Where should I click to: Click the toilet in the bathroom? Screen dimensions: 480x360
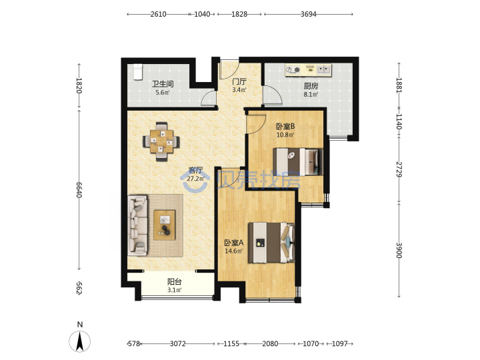pyautogui.click(x=138, y=72)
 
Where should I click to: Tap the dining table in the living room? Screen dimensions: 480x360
pyautogui.click(x=161, y=141)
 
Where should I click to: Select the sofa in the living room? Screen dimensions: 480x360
pyautogui.click(x=138, y=226)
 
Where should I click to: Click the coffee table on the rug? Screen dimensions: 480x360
pyautogui.click(x=165, y=225)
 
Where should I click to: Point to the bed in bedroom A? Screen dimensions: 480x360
pyautogui.click(x=271, y=243)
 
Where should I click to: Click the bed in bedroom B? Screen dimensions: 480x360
pyautogui.click(x=298, y=161)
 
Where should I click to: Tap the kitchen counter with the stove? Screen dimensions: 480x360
pyautogui.click(x=308, y=70)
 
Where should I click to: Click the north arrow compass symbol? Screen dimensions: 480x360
pyautogui.click(x=80, y=341)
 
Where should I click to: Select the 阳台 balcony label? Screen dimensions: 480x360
pyautogui.click(x=175, y=281)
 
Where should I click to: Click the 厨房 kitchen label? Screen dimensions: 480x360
pyautogui.click(x=311, y=86)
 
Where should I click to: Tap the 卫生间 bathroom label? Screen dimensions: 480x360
pyautogui.click(x=163, y=83)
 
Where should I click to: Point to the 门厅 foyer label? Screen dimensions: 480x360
pyautogui.click(x=239, y=81)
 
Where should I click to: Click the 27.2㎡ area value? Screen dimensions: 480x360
pyautogui.click(x=195, y=179)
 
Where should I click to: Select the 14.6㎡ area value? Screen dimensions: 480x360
pyautogui.click(x=233, y=251)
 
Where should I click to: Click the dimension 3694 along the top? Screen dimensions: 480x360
pyautogui.click(x=308, y=14)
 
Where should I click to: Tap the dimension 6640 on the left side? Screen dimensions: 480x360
pyautogui.click(x=79, y=190)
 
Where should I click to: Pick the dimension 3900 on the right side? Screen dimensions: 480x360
pyautogui.click(x=399, y=251)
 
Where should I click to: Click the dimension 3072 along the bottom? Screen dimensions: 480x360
pyautogui.click(x=178, y=344)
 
